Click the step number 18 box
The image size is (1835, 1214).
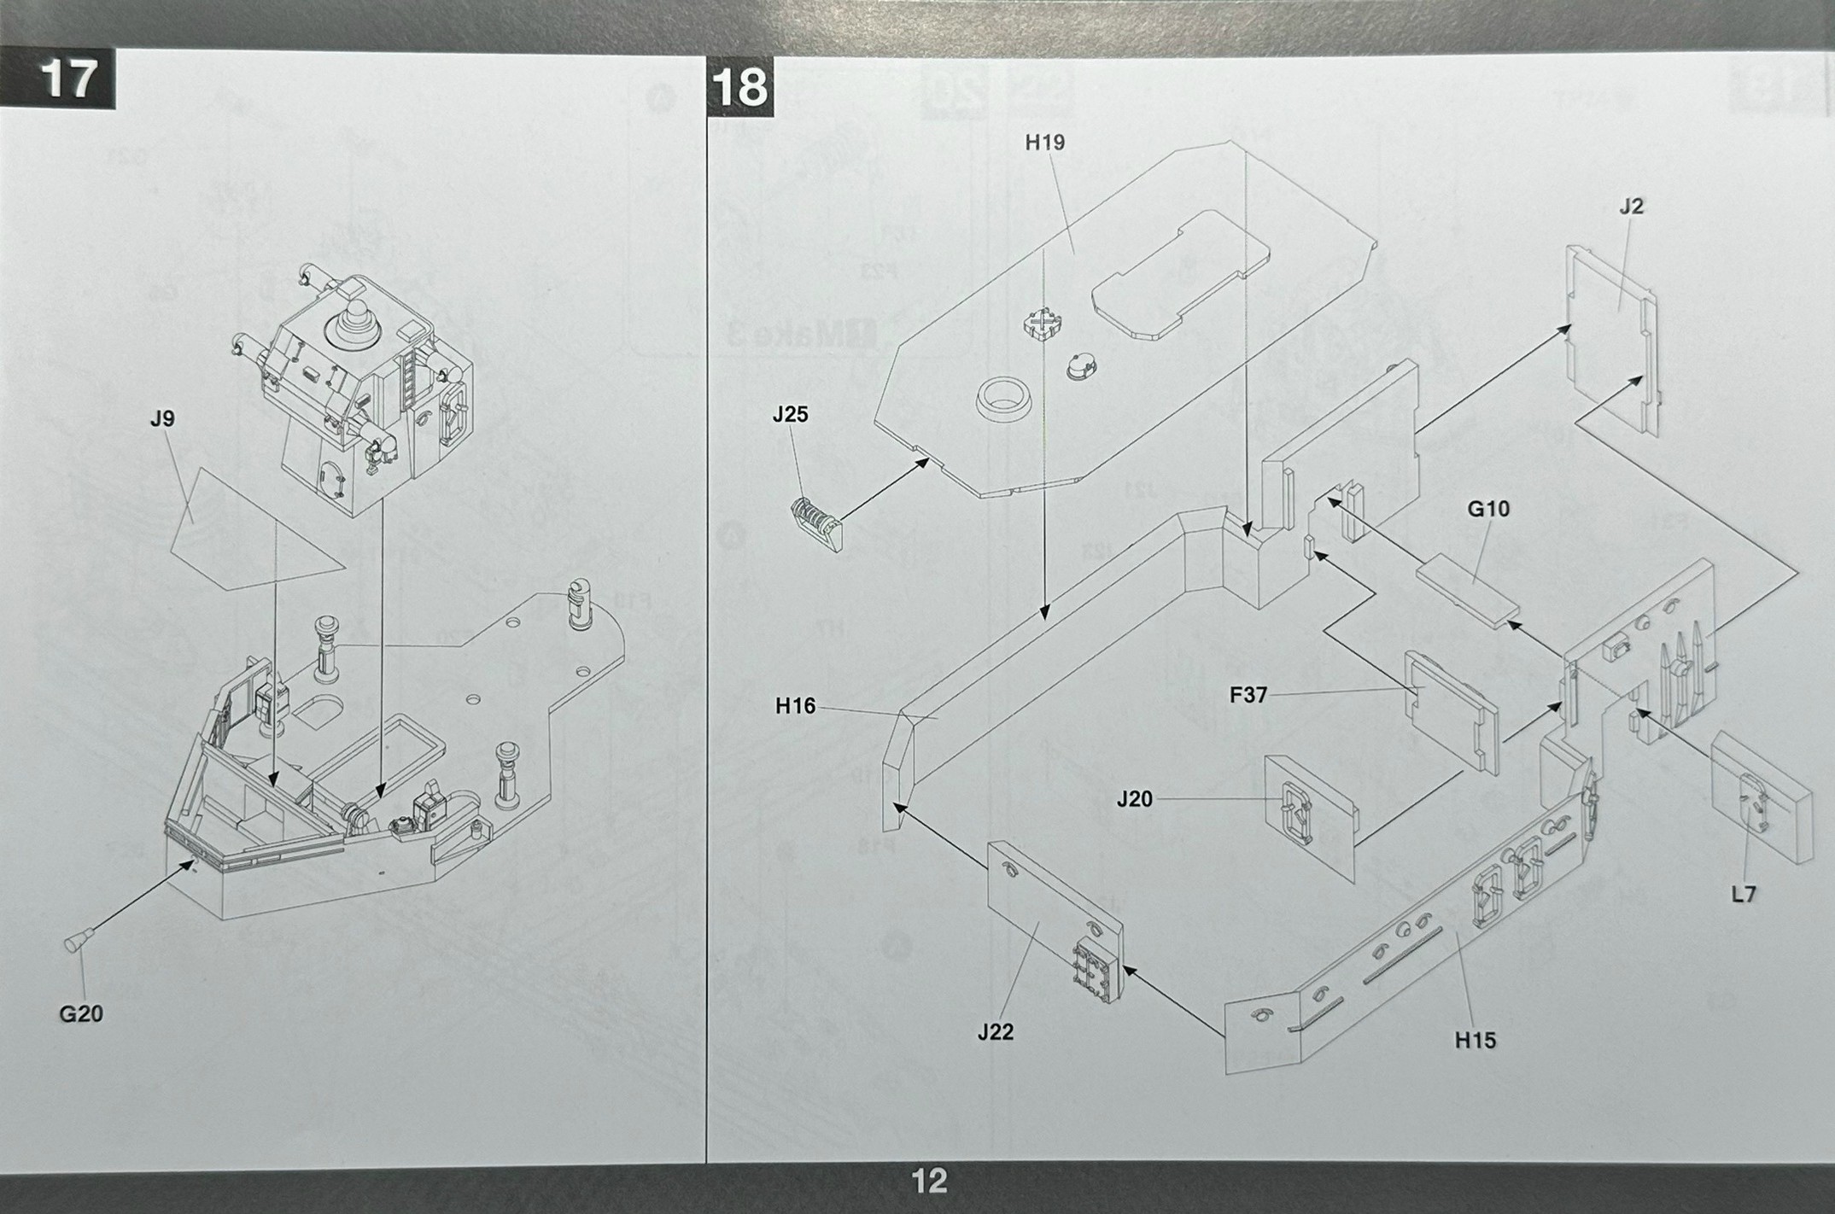tap(739, 87)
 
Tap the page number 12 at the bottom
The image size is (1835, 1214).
tap(929, 1182)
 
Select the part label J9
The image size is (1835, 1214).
tap(161, 418)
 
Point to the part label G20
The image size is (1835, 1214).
tap(81, 1013)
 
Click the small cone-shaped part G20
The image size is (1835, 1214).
tap(76, 943)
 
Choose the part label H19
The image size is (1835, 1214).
tap(1044, 143)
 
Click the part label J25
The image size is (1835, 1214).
tap(790, 414)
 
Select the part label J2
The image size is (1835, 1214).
tap(1630, 206)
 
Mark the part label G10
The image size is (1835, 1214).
tap(1488, 509)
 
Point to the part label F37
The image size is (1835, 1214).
tap(1248, 695)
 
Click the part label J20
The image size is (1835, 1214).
tap(1134, 799)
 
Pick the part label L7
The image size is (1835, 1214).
tap(1743, 894)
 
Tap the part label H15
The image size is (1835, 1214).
tap(1476, 1040)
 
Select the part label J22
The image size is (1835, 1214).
tap(996, 1032)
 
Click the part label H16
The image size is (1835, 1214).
tap(795, 706)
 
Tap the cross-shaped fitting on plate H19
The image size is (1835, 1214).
tap(1043, 324)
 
